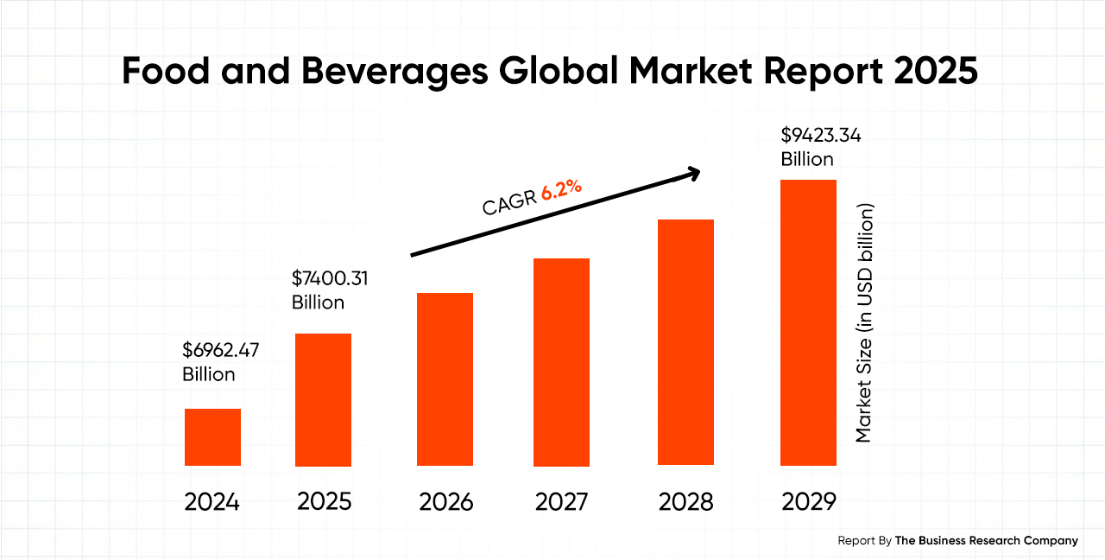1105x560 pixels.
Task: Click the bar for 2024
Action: tap(212, 437)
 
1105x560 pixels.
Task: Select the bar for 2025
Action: tap(323, 400)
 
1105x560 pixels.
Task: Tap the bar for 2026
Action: tap(445, 379)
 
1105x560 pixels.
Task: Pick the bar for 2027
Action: tap(561, 362)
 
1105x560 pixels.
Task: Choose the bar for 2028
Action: tap(685, 342)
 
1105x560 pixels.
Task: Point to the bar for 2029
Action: tap(808, 322)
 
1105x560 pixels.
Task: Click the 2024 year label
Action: tap(212, 502)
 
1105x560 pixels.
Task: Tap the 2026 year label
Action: tap(445, 502)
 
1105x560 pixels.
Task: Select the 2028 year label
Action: tap(685, 502)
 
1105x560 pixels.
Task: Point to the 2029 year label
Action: tap(808, 502)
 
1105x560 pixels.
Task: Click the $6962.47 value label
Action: tap(220, 350)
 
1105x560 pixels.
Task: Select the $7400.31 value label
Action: tap(331, 278)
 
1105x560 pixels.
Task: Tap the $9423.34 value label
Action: tap(820, 136)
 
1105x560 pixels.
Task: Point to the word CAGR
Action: tap(509, 204)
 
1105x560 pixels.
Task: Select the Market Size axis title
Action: tap(864, 323)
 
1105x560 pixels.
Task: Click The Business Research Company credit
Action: tap(986, 540)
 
